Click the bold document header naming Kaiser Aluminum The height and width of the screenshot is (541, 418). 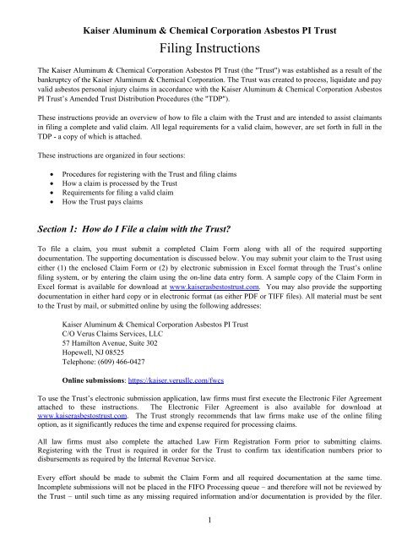pyautogui.click(x=209, y=12)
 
